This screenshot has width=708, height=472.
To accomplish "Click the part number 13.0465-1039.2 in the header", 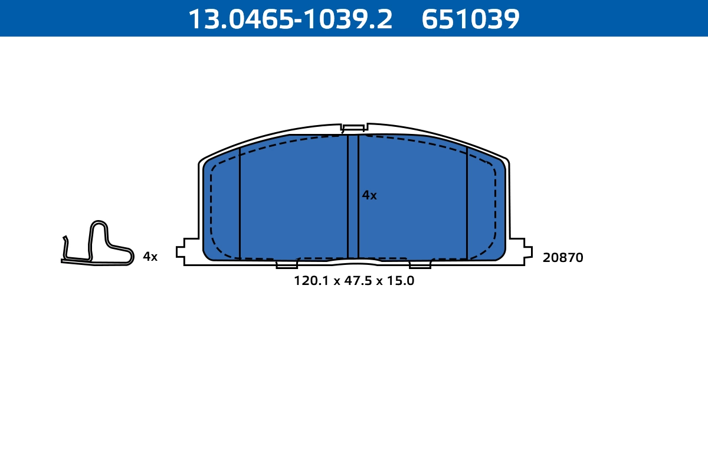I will (x=290, y=19).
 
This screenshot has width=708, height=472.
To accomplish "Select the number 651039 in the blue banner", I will (x=470, y=19).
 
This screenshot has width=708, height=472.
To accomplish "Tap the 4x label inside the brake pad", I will (x=369, y=195).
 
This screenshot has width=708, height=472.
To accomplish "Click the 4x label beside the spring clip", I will (x=150, y=257).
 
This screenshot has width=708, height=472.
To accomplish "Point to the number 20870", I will (x=563, y=258).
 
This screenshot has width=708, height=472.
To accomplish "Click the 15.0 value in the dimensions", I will (x=400, y=281).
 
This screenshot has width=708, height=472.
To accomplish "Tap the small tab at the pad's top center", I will (x=353, y=127).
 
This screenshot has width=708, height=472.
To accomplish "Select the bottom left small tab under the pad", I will (x=287, y=265).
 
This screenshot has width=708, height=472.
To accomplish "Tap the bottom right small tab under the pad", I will (x=420, y=265).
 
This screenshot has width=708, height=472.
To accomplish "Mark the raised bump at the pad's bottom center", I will (x=353, y=261).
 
